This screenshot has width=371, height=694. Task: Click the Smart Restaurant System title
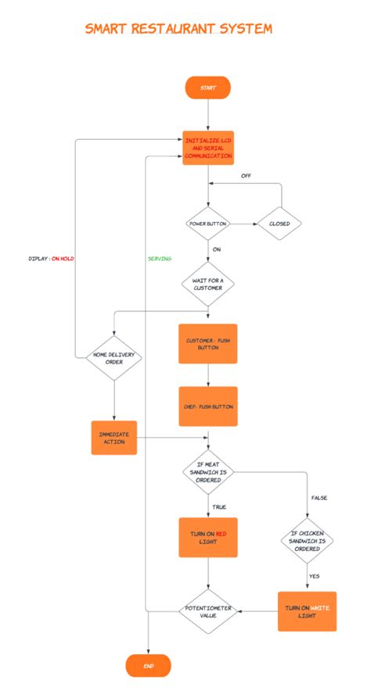click(178, 29)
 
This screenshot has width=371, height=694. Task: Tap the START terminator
click(207, 88)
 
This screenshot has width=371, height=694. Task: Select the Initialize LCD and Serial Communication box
click(208, 147)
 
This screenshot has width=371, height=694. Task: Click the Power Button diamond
click(208, 224)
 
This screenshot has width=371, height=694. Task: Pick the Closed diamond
click(279, 224)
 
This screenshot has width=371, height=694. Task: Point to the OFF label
click(246, 176)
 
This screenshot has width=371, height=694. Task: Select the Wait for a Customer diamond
click(208, 284)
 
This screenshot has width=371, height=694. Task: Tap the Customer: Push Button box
click(208, 344)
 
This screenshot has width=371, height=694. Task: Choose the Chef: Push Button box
click(208, 406)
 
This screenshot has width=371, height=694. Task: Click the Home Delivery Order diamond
click(114, 357)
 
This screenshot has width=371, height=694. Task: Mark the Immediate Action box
click(113, 438)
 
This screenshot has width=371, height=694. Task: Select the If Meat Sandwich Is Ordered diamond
click(208, 471)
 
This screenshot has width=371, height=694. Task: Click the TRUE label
click(219, 506)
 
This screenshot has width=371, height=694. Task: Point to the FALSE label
click(319, 497)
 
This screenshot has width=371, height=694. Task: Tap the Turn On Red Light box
click(208, 537)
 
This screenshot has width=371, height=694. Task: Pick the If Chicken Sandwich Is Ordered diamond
click(308, 539)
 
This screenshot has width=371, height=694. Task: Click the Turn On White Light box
click(308, 610)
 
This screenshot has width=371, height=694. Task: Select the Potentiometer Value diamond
click(208, 610)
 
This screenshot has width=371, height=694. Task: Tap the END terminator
click(148, 666)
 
